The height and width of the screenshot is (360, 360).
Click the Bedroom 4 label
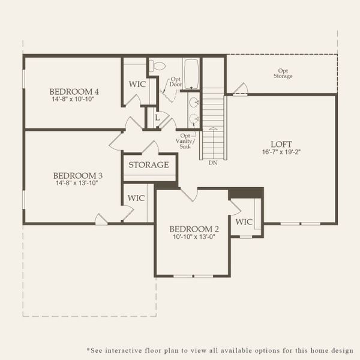click(x=74, y=92)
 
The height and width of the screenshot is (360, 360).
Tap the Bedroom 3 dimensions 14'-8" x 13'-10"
click(x=77, y=183)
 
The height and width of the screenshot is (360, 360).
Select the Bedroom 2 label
click(x=194, y=229)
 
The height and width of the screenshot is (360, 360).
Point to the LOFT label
click(x=281, y=144)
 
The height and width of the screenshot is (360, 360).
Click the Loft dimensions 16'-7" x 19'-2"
click(x=281, y=152)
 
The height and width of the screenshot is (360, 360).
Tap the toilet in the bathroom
click(x=157, y=66)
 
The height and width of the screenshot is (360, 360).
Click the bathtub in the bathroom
click(x=191, y=74)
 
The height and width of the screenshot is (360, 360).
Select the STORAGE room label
click(x=149, y=164)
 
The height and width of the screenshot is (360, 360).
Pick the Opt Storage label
click(x=283, y=73)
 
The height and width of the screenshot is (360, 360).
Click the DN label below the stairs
click(x=213, y=163)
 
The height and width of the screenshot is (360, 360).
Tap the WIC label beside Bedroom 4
click(x=137, y=84)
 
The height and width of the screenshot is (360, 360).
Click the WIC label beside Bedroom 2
click(x=244, y=222)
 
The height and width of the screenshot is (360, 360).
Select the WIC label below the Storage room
click(x=136, y=198)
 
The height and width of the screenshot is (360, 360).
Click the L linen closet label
click(x=157, y=118)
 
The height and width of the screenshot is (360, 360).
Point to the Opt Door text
click(x=176, y=82)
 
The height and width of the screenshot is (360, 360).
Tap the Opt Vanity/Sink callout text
click(x=185, y=141)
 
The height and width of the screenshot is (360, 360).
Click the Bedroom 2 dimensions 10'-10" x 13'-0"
click(x=194, y=236)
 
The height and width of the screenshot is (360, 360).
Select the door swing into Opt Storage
click(x=241, y=89)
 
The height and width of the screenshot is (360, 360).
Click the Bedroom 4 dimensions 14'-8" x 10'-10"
click(x=73, y=99)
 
